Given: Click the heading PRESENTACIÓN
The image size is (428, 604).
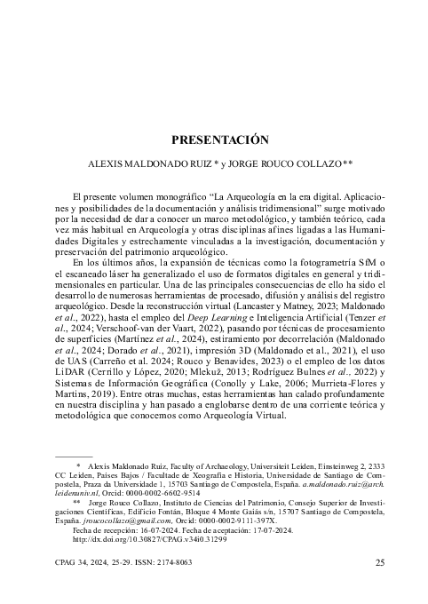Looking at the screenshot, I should pos(213,139).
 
